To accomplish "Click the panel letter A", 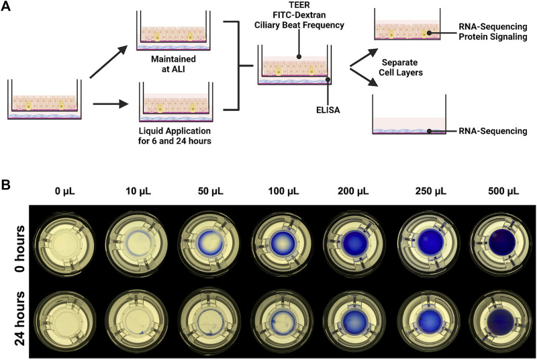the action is (x=6, y=6).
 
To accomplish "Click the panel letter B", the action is (x=6, y=185).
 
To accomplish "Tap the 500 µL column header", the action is (x=503, y=191).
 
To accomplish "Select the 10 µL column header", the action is (x=138, y=191).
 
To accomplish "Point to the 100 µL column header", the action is (x=283, y=191).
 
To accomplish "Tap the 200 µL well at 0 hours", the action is (x=354, y=243).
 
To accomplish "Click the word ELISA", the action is (x=328, y=110).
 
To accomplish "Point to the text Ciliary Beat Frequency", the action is (x=299, y=25).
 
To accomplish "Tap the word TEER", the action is (x=299, y=5).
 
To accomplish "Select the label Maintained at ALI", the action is (x=173, y=64).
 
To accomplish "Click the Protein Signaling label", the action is (x=493, y=37).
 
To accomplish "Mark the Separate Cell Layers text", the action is (x=400, y=67).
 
